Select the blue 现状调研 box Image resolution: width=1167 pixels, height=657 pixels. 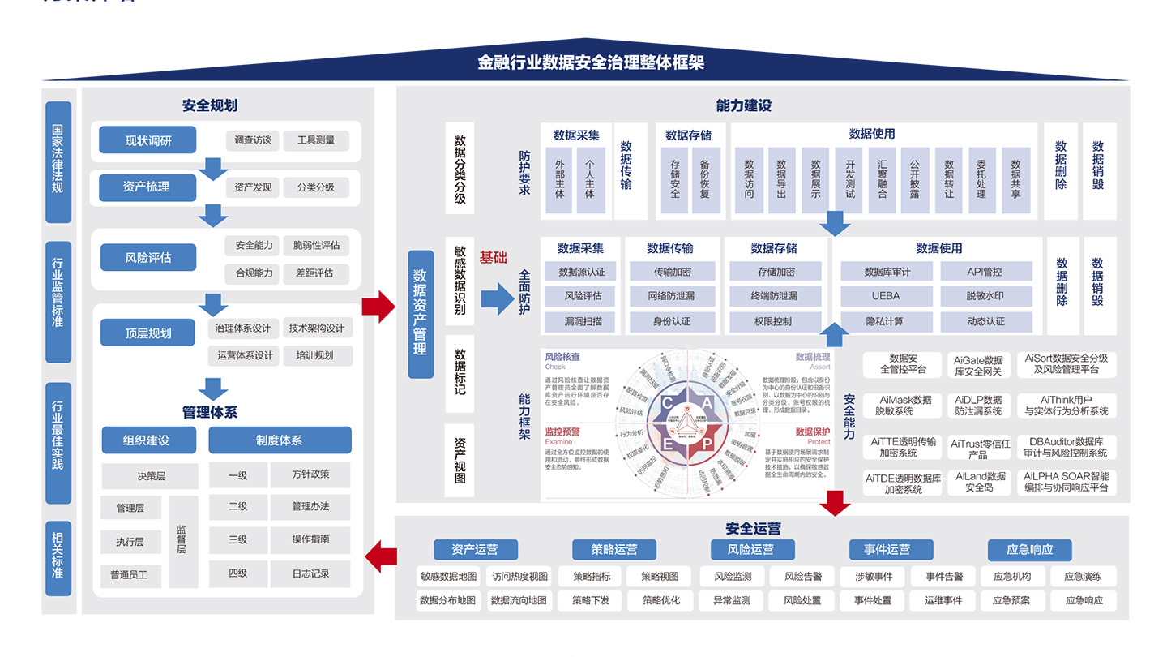tap(147, 140)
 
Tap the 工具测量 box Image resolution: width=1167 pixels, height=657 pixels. tap(315, 140)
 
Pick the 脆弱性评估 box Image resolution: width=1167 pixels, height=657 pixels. tap(316, 245)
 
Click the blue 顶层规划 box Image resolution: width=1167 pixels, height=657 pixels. tap(147, 333)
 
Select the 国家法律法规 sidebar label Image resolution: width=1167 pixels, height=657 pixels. tap(58, 161)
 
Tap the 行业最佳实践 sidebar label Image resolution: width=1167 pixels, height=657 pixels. tap(58, 442)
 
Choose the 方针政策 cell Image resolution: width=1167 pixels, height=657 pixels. tap(310, 474)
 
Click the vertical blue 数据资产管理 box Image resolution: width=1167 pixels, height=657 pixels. tap(420, 313)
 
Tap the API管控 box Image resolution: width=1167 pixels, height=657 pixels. tap(985, 272)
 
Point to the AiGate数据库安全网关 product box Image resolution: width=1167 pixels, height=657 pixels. tap(977, 366)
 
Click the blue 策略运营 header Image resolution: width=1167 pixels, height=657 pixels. tap(614, 550)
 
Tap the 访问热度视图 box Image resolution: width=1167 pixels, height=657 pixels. tap(519, 577)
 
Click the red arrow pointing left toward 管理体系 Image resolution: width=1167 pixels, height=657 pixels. tap(380, 556)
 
